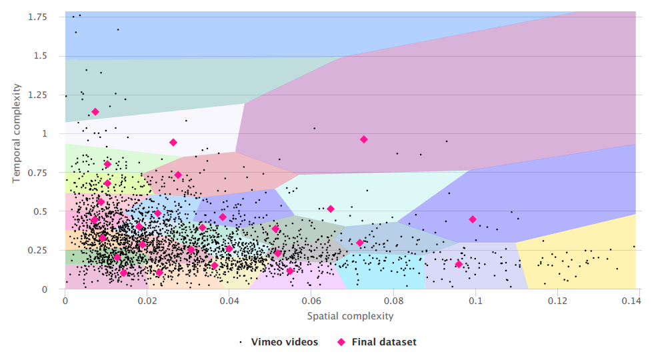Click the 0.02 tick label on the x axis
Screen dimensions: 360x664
147,301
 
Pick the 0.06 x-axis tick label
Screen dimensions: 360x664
311,301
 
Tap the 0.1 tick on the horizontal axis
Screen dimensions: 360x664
475,301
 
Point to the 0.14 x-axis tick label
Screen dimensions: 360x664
632,301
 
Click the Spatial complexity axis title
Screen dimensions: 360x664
350,315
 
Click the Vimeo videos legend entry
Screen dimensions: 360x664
284,342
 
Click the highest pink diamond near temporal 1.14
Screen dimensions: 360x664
95,112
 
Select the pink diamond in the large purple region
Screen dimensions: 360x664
364,139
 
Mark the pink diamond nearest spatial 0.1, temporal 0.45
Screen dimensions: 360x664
473,219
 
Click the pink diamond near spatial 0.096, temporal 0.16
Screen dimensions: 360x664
459,264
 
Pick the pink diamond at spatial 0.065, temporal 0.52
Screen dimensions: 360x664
331,209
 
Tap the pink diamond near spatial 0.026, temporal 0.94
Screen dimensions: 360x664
173,142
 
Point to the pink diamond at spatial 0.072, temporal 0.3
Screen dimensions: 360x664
360,243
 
